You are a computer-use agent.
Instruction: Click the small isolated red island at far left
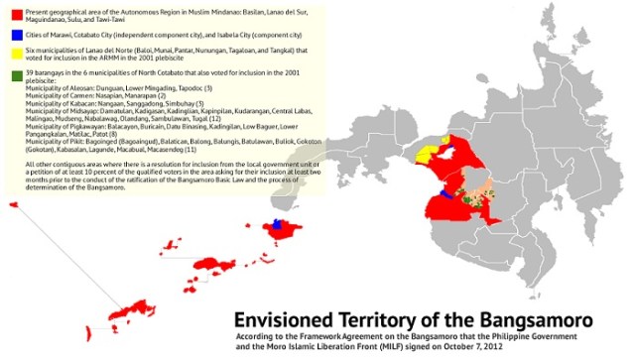tap(13, 203)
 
